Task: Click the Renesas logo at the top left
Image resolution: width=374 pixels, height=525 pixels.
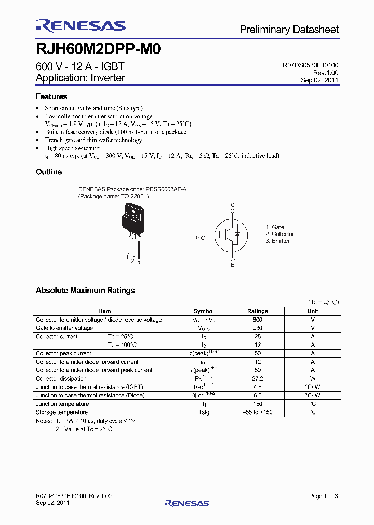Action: tap(81, 26)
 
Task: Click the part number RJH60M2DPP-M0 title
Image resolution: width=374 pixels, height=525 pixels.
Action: tap(98, 49)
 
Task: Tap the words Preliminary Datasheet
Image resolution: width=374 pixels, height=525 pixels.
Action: tap(289, 30)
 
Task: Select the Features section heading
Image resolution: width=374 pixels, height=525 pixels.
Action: tap(51, 96)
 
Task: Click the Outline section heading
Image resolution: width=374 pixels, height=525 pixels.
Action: tap(49, 172)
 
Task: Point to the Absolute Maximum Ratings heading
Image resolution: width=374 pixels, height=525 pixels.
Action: tap(85, 291)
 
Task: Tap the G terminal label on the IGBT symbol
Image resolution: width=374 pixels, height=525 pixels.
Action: tap(197, 237)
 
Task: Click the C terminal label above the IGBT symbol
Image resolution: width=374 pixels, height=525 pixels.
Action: tap(233, 205)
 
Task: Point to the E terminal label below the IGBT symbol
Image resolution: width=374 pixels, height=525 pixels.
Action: tap(233, 265)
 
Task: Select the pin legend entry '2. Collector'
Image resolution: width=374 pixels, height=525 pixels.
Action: tap(279, 234)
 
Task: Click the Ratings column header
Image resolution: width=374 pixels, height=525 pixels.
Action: tap(258, 311)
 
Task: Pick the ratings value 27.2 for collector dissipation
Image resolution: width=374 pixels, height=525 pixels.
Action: tap(258, 379)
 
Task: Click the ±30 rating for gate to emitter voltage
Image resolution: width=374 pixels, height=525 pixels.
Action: tap(258, 328)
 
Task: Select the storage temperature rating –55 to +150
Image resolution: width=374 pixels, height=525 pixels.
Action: tap(258, 412)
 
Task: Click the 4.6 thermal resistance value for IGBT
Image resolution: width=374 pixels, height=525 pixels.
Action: tap(258, 387)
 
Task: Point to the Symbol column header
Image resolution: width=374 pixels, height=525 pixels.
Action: tap(204, 311)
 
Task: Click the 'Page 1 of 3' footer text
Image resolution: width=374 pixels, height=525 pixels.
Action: tap(323, 496)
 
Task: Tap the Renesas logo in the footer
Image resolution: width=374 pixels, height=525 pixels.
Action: tap(186, 503)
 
